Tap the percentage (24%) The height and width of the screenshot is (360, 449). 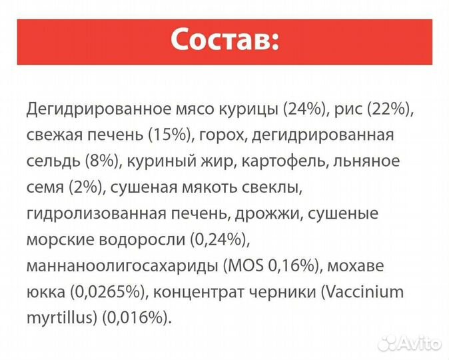(307, 109)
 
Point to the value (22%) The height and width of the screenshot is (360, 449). (394, 109)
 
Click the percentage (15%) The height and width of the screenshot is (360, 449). (167, 135)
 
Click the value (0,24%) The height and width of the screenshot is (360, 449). (222, 239)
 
